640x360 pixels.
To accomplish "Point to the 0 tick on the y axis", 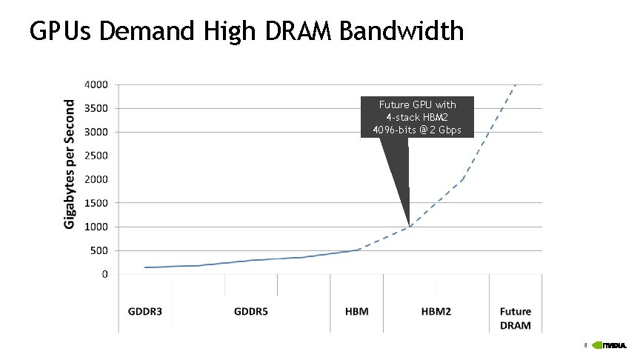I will (104, 274).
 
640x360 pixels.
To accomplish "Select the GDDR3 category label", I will (144, 312).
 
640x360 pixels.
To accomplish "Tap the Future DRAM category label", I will (516, 319).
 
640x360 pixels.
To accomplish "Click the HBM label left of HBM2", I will (356, 312).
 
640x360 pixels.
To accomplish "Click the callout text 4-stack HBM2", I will (417, 118).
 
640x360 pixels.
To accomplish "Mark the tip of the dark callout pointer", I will (410, 224).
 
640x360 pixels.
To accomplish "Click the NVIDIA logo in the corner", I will (614, 345).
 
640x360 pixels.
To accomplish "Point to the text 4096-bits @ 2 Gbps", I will (417, 130).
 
